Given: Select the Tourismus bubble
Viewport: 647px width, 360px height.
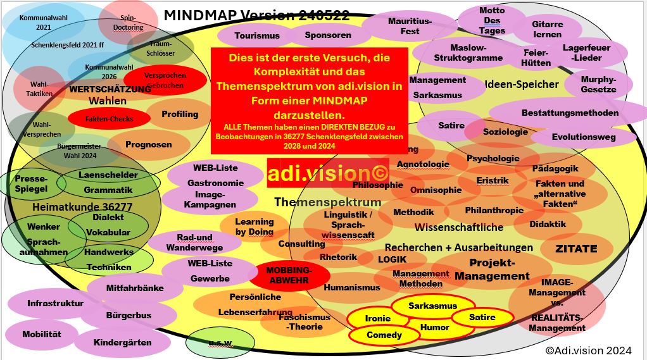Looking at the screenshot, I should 256,36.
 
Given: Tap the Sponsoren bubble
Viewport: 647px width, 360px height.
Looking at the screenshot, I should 327,35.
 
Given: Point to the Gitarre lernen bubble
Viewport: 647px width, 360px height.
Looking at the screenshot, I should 547,30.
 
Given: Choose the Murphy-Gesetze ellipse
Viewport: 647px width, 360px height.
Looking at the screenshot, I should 598,84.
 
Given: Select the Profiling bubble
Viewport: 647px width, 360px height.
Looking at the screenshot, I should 179,115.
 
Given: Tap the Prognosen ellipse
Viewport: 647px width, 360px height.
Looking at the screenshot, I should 148,145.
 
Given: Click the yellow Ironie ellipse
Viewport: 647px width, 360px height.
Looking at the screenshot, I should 379,318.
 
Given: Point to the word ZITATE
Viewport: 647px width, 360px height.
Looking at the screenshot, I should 576,249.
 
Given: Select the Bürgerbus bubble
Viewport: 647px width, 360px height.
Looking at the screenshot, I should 129,315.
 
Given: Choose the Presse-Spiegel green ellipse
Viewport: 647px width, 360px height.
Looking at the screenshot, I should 30,183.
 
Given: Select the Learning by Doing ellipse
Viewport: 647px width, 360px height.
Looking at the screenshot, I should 254,227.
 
